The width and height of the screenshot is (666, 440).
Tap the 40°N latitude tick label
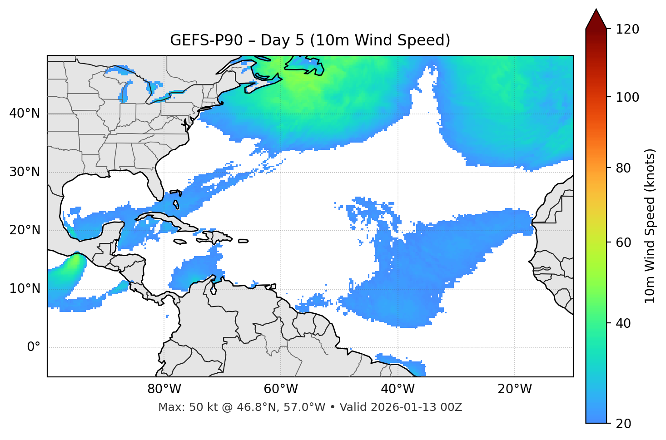25,114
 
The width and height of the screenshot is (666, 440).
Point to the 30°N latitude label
25,172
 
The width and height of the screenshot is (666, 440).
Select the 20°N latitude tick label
25,230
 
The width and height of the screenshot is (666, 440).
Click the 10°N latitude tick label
25,289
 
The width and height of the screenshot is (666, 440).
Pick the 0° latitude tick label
34,347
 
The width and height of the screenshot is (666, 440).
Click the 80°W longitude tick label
164,389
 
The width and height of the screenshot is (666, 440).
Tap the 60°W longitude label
281,389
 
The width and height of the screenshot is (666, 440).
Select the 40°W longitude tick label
398,389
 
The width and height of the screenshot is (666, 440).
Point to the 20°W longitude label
514,389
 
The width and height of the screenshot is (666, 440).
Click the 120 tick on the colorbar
627,30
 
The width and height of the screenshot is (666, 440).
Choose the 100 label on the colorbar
627,97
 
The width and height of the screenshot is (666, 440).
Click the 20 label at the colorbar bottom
624,424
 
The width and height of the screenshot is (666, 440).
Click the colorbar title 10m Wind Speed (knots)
650,226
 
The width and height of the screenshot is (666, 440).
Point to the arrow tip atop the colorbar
596,10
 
